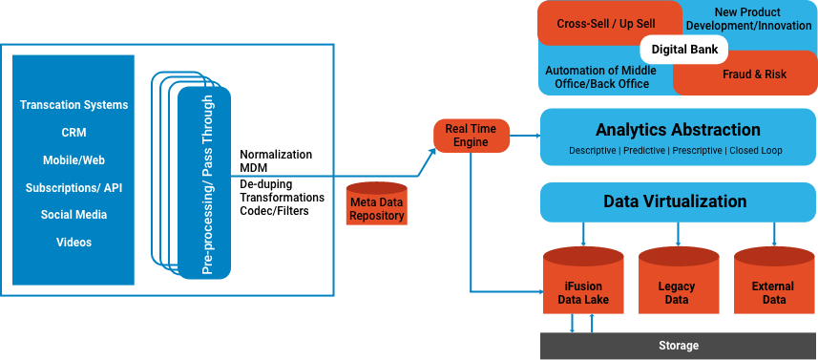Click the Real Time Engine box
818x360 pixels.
472,135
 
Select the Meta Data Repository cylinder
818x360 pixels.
375,204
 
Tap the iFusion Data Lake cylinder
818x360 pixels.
583,285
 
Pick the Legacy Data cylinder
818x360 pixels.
677,285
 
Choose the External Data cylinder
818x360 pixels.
773,285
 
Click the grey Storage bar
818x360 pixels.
679,345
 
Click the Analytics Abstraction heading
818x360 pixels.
678,130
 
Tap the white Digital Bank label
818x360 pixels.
683,48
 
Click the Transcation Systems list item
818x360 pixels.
73,105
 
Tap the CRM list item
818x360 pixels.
73,133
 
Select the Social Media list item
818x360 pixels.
73,215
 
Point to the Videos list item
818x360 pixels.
73,243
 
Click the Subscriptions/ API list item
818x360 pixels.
73,188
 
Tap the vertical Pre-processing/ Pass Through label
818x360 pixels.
207,185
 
